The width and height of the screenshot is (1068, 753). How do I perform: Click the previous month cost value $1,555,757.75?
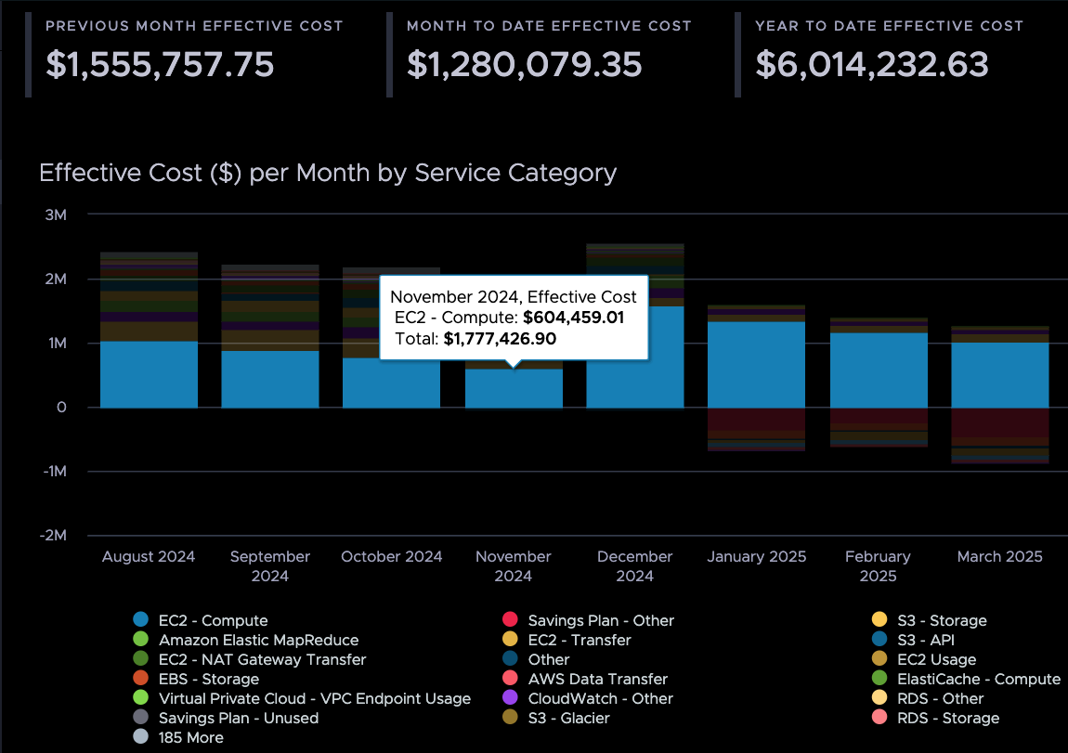click(x=160, y=64)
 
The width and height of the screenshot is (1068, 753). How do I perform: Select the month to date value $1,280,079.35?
click(x=524, y=64)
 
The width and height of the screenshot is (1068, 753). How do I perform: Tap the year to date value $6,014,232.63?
click(x=871, y=64)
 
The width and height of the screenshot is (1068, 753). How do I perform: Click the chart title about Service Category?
click(x=328, y=173)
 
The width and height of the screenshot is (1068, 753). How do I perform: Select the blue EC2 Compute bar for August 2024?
click(x=149, y=375)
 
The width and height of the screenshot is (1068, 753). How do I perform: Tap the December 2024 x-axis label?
click(x=634, y=565)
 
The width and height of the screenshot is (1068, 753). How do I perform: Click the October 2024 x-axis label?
click(x=391, y=557)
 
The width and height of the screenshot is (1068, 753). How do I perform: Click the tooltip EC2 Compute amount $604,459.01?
click(x=573, y=318)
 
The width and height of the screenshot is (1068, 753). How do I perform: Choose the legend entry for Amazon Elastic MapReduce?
click(x=258, y=640)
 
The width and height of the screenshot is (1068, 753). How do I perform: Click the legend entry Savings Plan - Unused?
click(x=238, y=718)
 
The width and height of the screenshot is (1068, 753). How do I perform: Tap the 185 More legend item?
click(x=190, y=737)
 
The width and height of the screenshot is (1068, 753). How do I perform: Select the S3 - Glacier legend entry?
click(x=568, y=718)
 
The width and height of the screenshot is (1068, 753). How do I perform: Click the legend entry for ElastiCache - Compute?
click(x=979, y=679)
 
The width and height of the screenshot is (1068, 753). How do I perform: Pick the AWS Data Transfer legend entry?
click(x=597, y=679)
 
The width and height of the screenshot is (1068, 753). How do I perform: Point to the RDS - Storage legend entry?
click(x=948, y=718)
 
